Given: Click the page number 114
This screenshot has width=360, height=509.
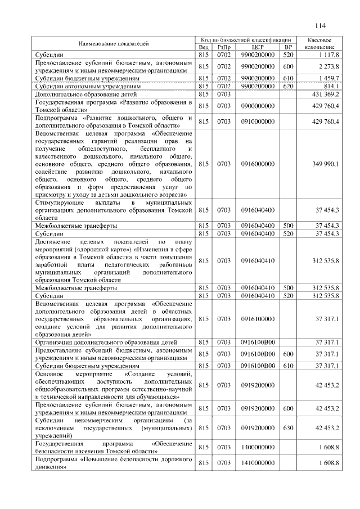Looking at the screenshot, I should click(321, 25).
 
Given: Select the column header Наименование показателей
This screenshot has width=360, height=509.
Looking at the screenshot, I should click(113, 43).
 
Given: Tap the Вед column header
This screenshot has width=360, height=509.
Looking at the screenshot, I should click(204, 47).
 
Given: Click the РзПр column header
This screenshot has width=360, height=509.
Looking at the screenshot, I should click(224, 47).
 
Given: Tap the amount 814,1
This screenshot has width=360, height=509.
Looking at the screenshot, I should click(331, 87).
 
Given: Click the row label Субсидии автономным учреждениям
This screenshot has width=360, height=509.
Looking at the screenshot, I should click(87, 87).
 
